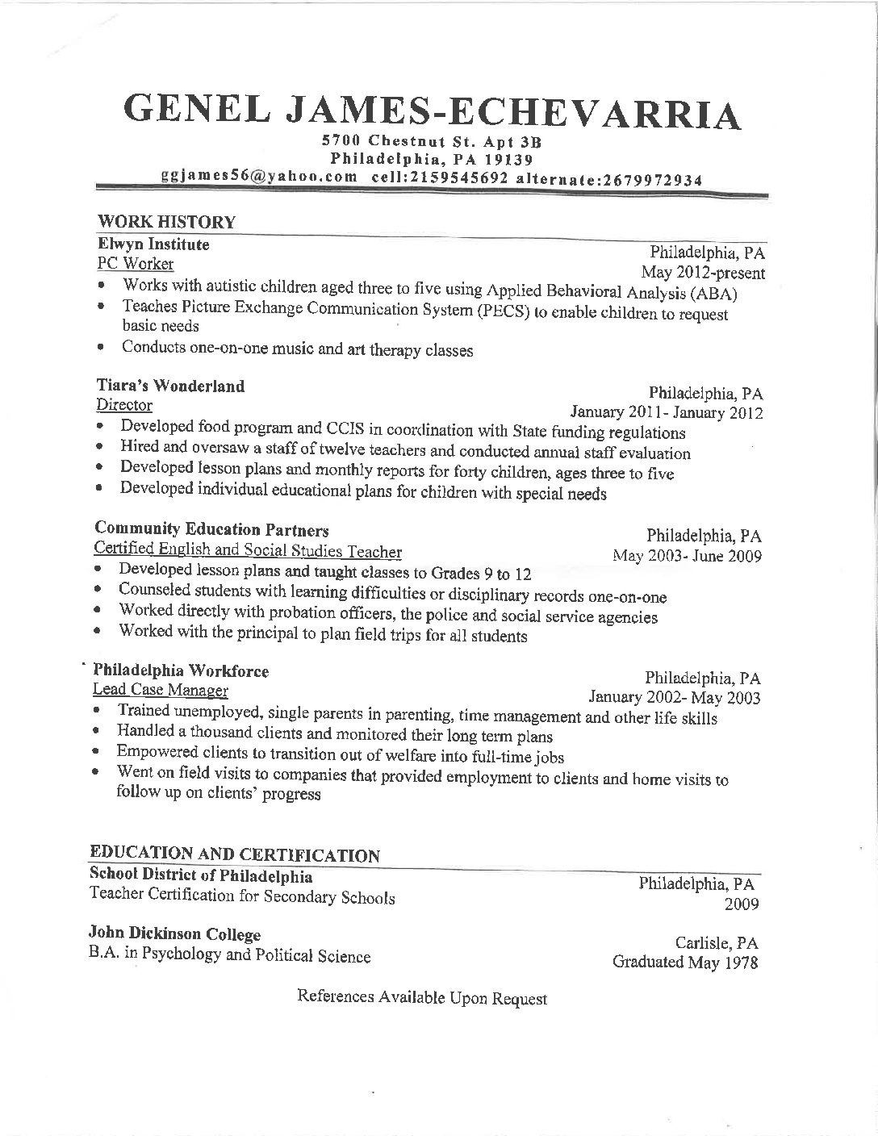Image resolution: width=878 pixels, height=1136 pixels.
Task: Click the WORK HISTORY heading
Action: [166, 222]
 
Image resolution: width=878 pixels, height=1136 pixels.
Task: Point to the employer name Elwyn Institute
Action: [153, 244]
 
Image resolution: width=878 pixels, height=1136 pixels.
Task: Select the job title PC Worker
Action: [135, 264]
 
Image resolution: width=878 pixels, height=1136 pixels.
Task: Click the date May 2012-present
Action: [703, 273]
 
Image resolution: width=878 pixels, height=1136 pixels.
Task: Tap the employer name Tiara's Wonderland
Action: [169, 386]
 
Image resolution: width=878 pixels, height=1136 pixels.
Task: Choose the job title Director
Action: [124, 405]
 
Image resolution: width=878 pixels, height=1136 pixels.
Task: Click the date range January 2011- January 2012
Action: [667, 414]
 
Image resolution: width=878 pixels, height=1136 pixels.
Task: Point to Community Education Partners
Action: [211, 530]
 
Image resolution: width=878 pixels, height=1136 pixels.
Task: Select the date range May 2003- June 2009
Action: [687, 556]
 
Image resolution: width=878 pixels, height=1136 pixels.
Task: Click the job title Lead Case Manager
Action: [161, 691]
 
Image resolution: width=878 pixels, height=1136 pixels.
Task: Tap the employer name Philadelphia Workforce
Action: [181, 670]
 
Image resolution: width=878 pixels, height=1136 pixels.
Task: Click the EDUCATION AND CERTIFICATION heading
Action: [234, 855]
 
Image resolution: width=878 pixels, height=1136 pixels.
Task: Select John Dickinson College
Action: [174, 935]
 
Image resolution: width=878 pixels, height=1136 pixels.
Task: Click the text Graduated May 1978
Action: [685, 963]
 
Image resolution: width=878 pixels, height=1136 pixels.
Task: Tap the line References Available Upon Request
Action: [422, 998]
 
